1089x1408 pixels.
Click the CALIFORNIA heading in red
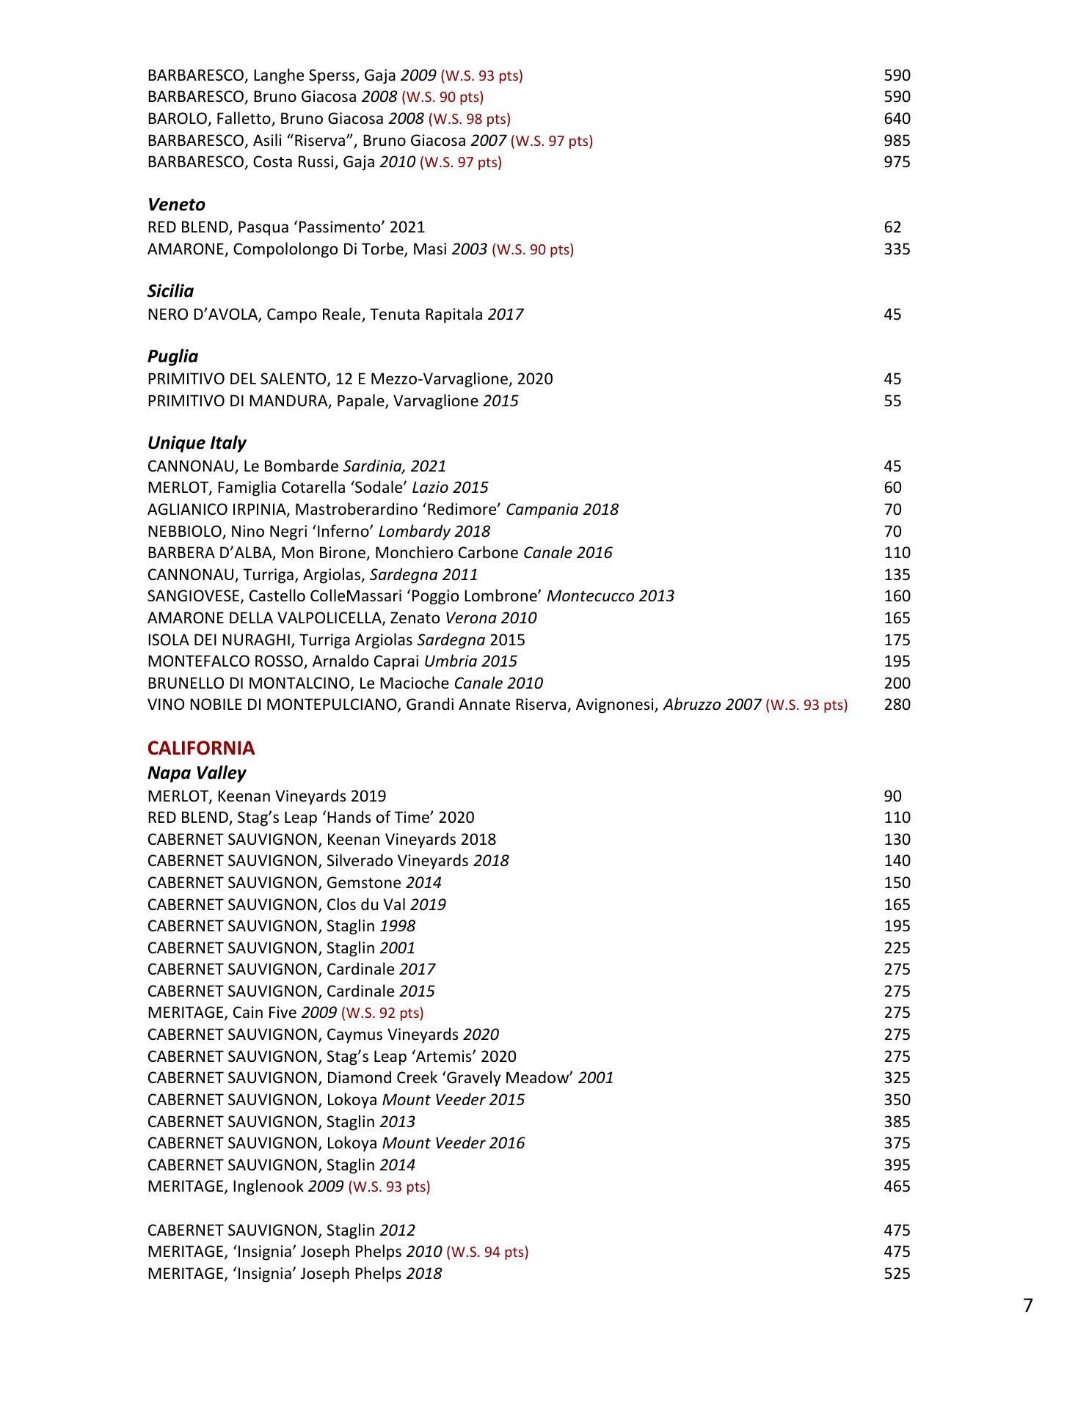201,749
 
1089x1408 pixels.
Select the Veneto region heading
176,205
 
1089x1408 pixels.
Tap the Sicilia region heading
170,292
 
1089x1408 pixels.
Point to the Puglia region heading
172,356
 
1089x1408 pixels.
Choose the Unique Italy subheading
197,443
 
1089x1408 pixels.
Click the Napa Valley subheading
197,773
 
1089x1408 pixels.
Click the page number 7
1027,1306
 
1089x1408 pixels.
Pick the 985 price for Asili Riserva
897,141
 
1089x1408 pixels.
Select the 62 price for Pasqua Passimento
892,227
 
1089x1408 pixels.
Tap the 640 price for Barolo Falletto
897,119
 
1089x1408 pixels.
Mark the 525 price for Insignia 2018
897,1274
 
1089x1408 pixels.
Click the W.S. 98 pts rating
470,119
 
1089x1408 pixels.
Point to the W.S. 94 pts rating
487,1253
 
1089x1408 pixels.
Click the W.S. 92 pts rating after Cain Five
382,1013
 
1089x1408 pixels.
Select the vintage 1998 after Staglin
397,926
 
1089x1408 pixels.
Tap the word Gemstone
364,883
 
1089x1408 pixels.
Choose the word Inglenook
268,1187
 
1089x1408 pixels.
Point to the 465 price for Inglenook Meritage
897,1187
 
